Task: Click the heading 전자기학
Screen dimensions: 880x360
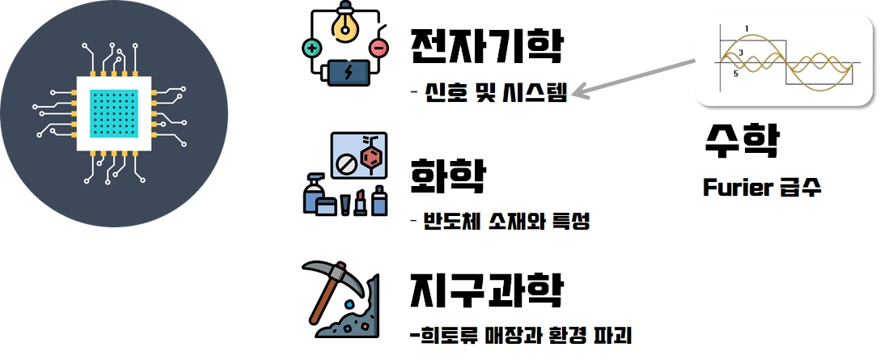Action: [485, 48]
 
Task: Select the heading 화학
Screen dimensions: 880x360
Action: [448, 175]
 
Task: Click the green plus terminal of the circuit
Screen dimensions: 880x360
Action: [311, 49]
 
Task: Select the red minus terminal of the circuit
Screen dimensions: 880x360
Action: [378, 49]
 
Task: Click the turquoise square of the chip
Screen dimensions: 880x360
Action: [112, 113]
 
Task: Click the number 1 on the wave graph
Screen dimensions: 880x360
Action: [746, 30]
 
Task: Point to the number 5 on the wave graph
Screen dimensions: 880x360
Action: [735, 74]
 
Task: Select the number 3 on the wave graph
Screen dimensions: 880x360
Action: [740, 53]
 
